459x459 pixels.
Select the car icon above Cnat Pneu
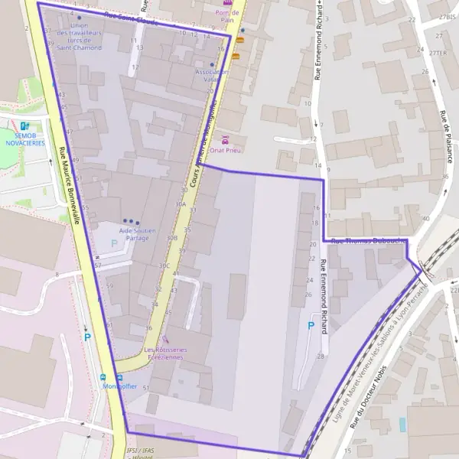click(226, 140)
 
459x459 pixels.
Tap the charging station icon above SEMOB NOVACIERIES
click(24, 126)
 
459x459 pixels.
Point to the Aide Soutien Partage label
click(138, 234)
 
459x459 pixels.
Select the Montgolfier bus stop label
click(119, 386)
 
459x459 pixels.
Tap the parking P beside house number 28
click(311, 326)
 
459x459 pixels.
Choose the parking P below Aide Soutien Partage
click(115, 243)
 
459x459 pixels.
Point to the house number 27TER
click(437, 53)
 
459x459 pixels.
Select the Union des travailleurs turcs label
click(79, 37)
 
